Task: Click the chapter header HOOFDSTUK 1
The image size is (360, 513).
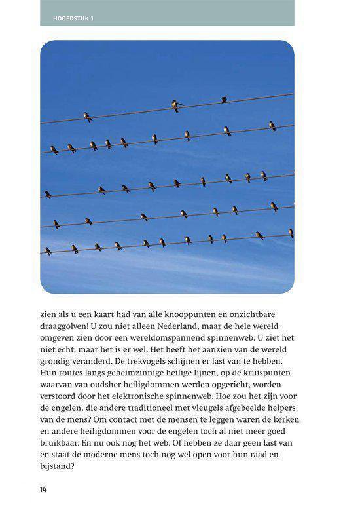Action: coord(74,18)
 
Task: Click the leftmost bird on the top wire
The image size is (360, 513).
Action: coord(87,117)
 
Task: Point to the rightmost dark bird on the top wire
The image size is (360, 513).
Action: coord(224,100)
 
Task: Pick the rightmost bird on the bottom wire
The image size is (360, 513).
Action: coord(291,233)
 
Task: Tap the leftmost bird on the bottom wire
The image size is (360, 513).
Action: coord(48,250)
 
